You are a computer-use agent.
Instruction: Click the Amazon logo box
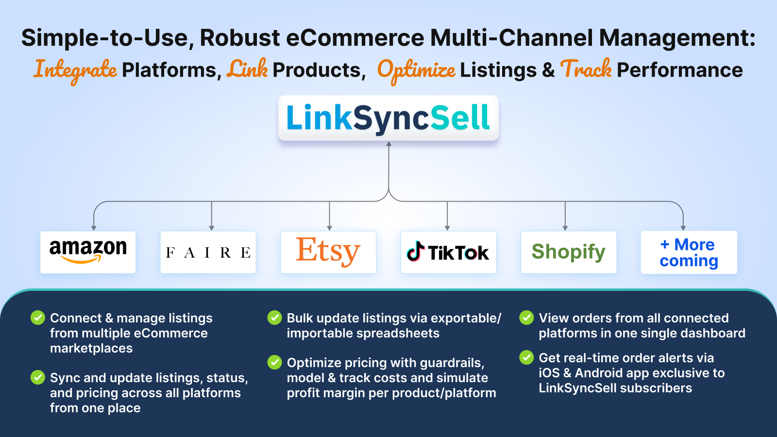tap(88, 252)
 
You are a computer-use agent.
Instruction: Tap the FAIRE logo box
tap(208, 252)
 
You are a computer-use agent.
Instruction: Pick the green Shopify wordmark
tap(569, 252)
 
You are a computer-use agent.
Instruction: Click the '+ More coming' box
tap(689, 252)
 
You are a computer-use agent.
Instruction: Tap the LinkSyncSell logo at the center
tap(388, 118)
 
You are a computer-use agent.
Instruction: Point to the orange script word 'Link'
tap(247, 68)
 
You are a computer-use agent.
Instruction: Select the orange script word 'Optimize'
tap(416, 71)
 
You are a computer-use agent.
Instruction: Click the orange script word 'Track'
tap(586, 68)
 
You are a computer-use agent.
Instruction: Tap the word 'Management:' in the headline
tap(677, 38)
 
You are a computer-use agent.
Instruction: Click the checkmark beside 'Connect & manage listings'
tap(38, 318)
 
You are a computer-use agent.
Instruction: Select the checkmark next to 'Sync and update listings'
tap(38, 377)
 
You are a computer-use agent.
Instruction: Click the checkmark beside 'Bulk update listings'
tap(275, 318)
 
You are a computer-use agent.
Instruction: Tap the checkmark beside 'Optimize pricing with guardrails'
tap(275, 362)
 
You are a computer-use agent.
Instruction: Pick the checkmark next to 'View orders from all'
tap(526, 318)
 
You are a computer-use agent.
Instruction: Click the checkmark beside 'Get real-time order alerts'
tap(526, 357)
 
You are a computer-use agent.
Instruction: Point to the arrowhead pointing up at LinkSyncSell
tap(389, 144)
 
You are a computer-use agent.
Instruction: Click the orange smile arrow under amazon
tap(81, 259)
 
